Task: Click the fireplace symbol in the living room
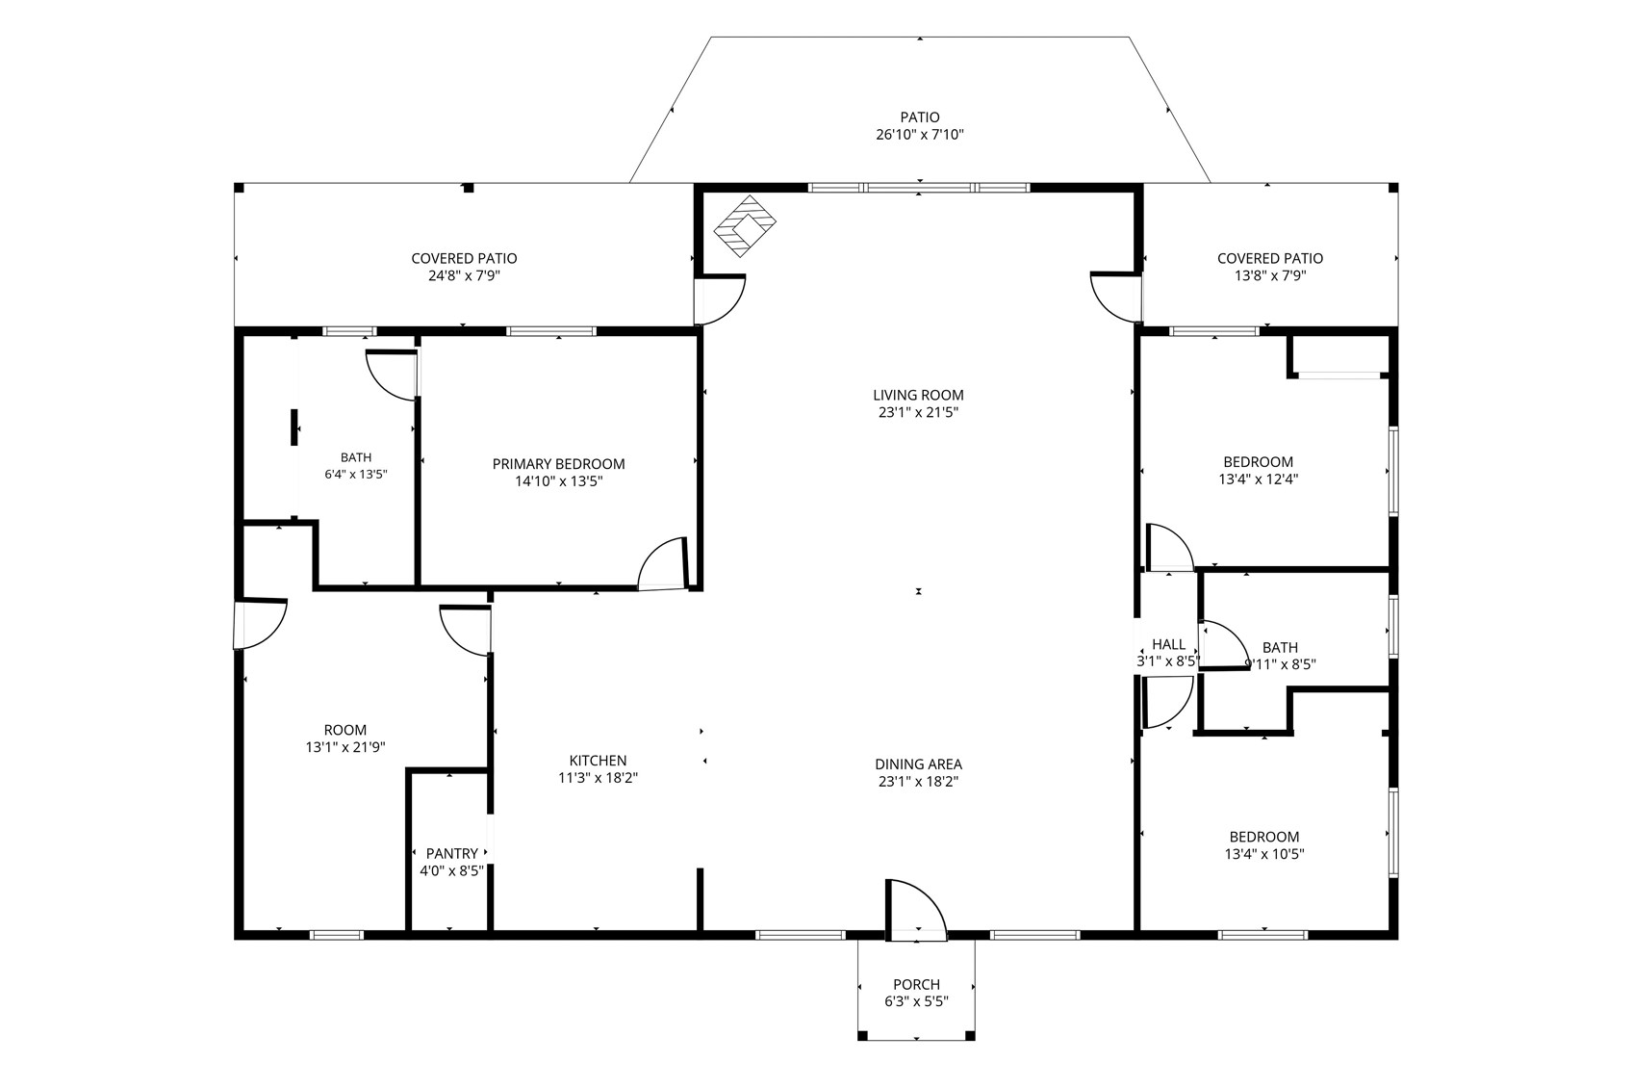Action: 745,226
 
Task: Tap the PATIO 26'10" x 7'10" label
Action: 920,125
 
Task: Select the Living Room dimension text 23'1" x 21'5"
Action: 918,412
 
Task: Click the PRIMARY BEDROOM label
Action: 558,464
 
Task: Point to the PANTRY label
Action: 451,853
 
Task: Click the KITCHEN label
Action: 598,761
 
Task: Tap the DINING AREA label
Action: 918,764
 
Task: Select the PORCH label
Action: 916,984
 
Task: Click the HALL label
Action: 1168,645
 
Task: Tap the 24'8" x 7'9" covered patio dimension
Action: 464,275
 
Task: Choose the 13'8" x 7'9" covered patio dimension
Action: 1270,275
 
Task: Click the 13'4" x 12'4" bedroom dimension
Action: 1259,479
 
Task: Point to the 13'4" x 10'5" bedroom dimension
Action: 1264,854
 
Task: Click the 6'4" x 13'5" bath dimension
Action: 355,474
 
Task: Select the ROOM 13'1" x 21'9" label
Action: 345,738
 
